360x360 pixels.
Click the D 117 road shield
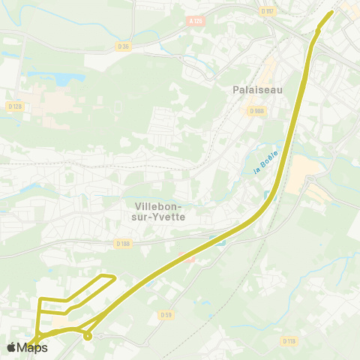pos(268,10)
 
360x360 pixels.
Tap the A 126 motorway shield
pos(196,22)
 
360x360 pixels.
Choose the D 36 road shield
pos(123,46)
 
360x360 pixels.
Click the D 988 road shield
pos(257,111)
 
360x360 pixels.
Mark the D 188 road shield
pos(124,243)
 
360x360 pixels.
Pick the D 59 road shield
pos(166,314)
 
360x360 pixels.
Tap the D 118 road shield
pos(289,340)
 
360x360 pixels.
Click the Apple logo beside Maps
pos(11,347)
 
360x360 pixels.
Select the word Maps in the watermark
pos(32,347)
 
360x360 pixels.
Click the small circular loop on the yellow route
pos(88,336)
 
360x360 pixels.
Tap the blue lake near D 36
pos(59,78)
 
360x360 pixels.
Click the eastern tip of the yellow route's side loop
pos(115,278)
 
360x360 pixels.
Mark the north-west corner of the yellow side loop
pos(41,300)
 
